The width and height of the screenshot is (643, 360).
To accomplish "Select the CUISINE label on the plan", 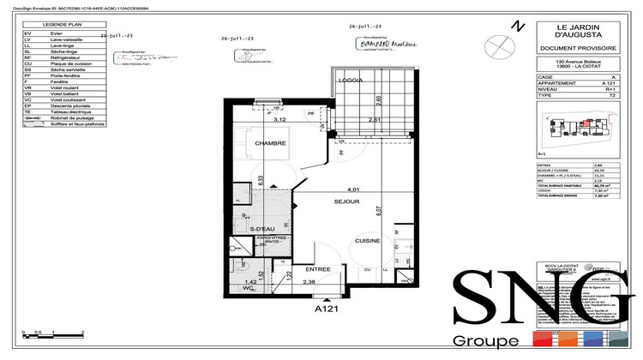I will click(369, 242).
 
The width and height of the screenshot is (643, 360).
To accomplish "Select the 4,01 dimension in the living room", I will click(352, 188).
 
